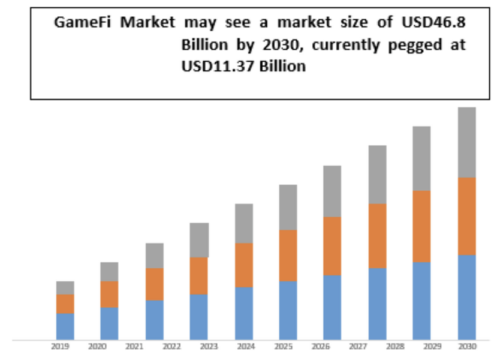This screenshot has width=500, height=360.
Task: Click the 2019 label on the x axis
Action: click(59, 347)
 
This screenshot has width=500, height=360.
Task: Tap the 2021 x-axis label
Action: click(134, 347)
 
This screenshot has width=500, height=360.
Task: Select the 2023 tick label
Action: click(209, 347)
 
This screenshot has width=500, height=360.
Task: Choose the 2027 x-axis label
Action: click(359, 347)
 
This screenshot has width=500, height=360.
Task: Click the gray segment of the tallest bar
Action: click(466, 142)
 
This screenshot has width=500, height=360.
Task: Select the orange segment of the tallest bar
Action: click(466, 216)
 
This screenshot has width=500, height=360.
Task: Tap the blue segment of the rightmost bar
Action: click(466, 297)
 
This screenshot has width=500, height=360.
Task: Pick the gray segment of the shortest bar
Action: click(65, 288)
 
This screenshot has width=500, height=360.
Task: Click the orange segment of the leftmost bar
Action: click(65, 304)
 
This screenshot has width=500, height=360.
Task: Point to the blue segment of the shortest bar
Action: click(65, 326)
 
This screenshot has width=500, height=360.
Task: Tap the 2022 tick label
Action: click(171, 347)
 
